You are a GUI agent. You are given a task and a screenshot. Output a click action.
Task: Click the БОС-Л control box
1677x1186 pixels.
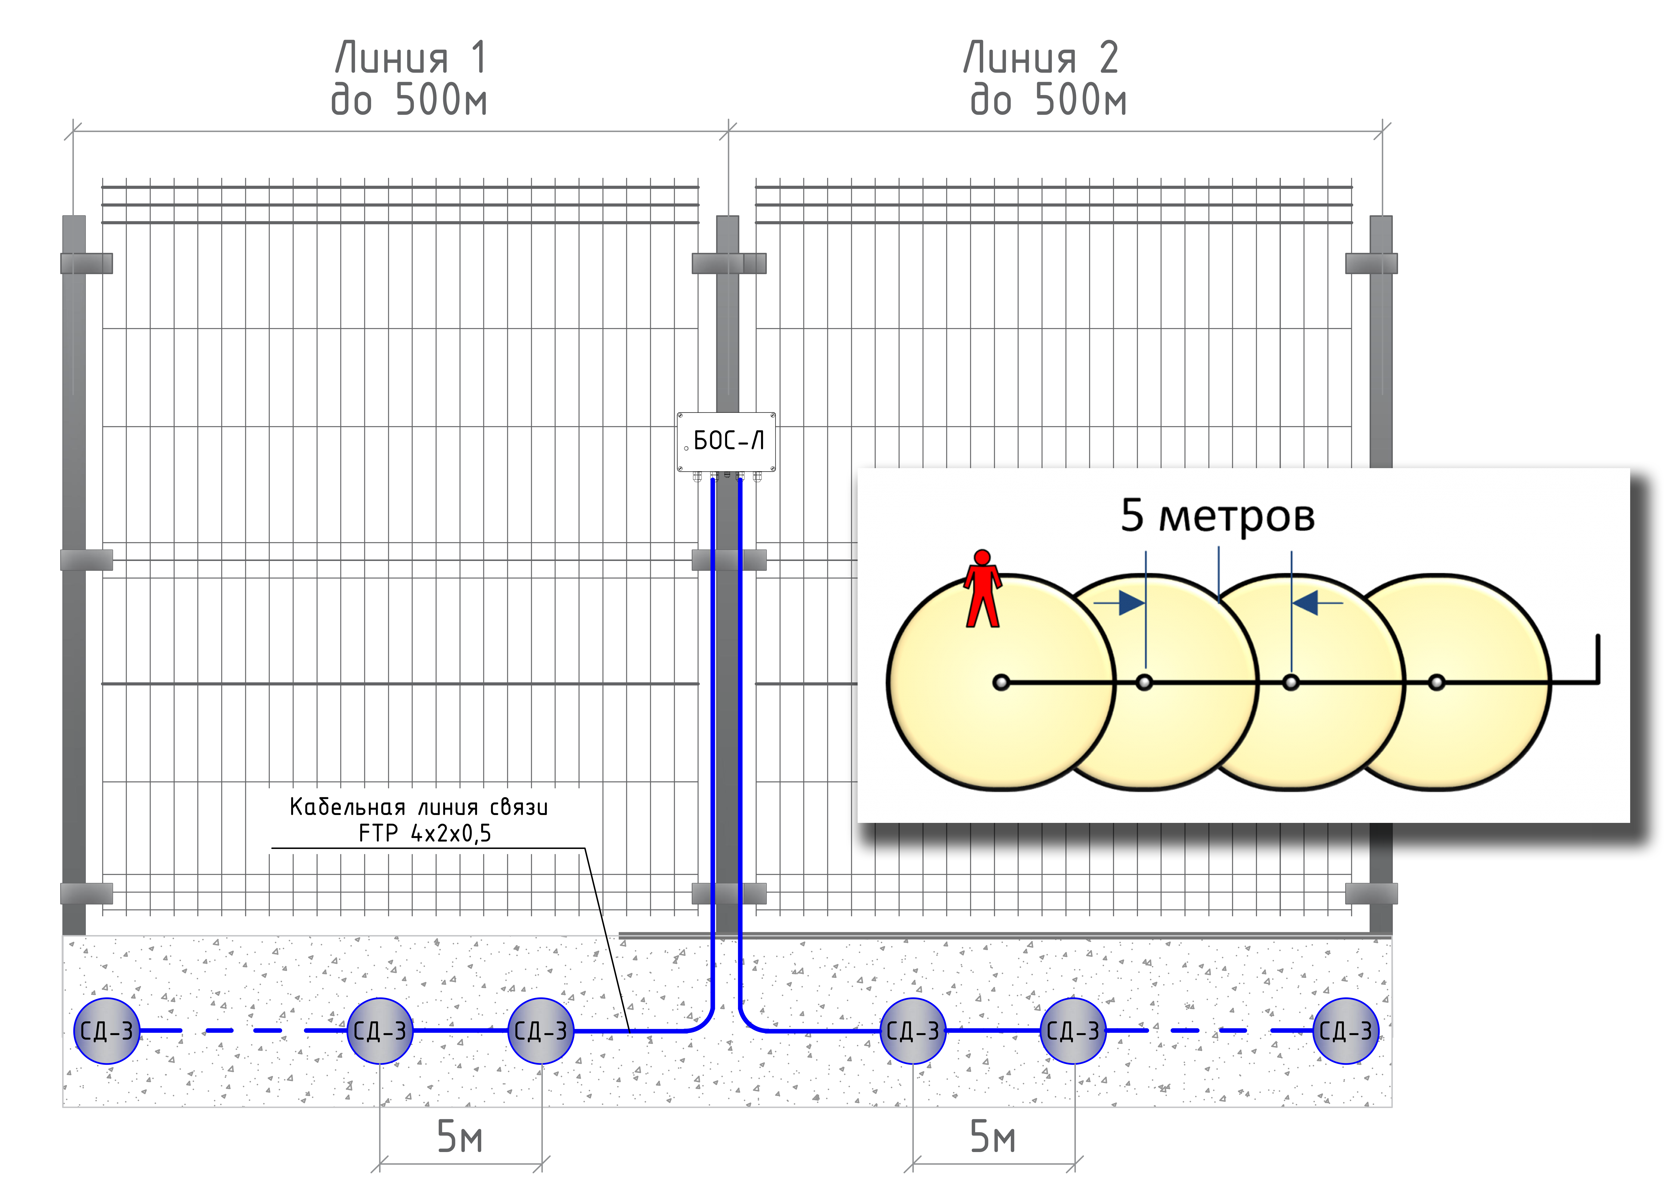(726, 441)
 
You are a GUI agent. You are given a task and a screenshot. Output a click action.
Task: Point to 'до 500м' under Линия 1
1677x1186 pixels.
(409, 100)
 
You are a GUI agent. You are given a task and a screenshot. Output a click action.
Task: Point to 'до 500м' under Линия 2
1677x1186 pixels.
(1048, 100)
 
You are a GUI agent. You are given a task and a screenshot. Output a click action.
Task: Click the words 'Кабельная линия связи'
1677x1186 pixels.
(419, 807)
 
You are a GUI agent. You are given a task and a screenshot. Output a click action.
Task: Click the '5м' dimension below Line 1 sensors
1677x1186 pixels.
(459, 1136)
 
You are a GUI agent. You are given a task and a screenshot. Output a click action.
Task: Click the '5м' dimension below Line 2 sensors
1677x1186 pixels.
(993, 1136)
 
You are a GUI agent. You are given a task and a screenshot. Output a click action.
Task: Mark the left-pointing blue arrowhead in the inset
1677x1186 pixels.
(1305, 603)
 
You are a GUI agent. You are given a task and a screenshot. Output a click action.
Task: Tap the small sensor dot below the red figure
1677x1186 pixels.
(1001, 682)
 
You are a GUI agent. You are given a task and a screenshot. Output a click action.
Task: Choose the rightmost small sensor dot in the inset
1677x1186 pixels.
(1436, 682)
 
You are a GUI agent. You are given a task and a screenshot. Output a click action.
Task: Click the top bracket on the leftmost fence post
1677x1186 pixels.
(86, 263)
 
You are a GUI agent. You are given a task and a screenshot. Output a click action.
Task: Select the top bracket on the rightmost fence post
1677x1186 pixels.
(1371, 263)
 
